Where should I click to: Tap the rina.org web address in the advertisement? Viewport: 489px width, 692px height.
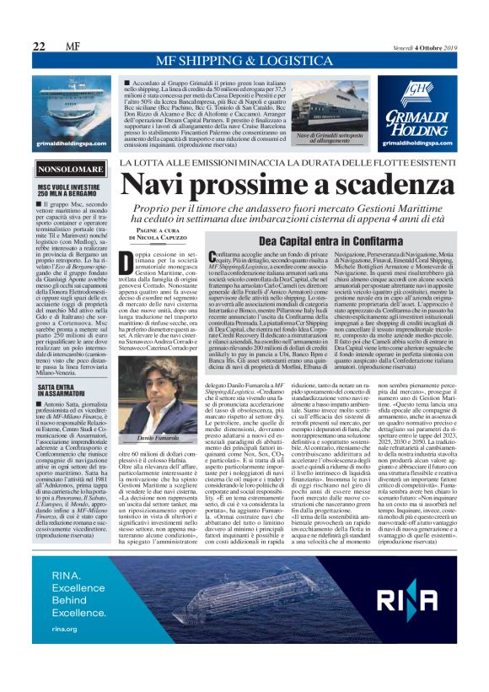click(65, 652)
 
